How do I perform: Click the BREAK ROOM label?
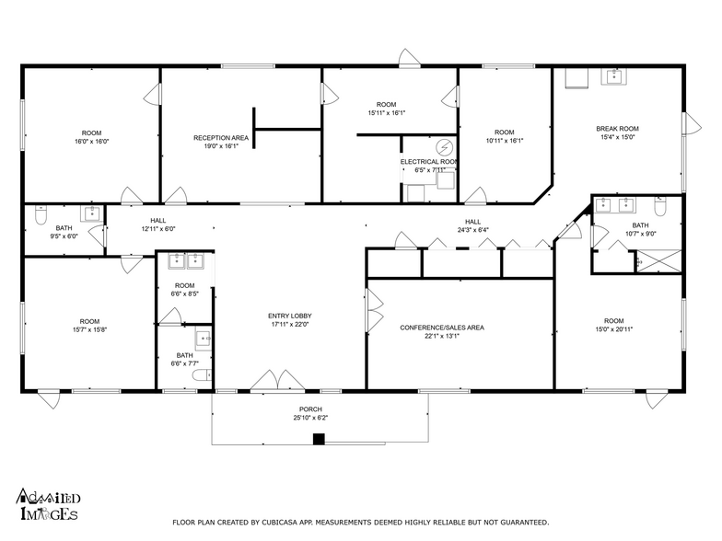[617, 129]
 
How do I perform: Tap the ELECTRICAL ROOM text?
[428, 161]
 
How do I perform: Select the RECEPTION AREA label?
[221, 137]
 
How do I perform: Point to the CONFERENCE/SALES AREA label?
[442, 328]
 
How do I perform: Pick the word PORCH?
[310, 409]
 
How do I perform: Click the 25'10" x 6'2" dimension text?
[310, 418]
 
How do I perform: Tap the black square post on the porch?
[319, 439]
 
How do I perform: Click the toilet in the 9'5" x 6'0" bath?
[40, 214]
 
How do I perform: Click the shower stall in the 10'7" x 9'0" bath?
[659, 262]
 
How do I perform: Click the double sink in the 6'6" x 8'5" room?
[186, 261]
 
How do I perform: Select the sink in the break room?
[613, 77]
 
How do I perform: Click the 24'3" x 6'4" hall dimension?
[472, 230]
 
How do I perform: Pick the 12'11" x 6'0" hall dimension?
[157, 230]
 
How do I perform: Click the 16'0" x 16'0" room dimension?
[91, 142]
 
